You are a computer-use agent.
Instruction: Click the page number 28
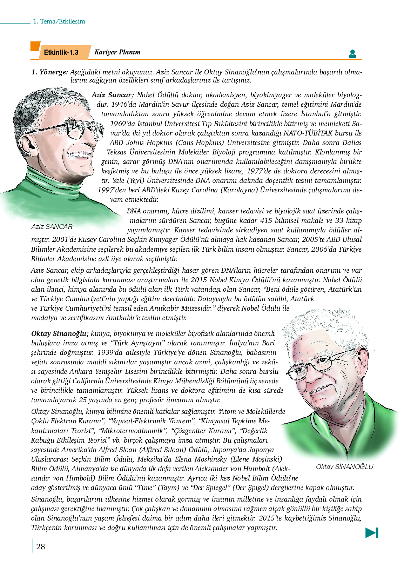[41, 546]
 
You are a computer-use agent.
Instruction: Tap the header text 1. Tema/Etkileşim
[59, 21]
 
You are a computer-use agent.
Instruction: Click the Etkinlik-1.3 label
[61, 52]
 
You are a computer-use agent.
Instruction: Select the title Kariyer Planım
[117, 52]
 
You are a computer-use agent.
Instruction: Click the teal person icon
[352, 54]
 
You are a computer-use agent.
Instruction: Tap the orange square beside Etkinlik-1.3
[35, 46]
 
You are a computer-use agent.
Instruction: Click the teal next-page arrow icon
[372, 532]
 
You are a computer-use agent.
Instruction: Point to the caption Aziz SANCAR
[52, 226]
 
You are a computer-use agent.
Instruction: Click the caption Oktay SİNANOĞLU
[344, 466]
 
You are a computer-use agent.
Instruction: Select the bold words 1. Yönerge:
[49, 72]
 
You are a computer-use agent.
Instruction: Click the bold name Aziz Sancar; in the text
[113, 95]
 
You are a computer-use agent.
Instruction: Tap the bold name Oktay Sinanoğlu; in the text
[60, 333]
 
